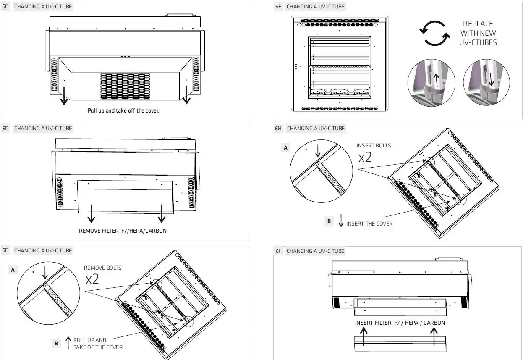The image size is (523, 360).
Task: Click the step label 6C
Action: (x=5, y=7)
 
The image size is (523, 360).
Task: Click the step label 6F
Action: (x=278, y=7)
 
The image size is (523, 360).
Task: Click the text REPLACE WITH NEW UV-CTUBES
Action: (x=478, y=33)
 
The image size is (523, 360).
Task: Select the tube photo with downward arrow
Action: (x=486, y=82)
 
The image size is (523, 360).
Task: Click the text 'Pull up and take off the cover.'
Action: (x=123, y=111)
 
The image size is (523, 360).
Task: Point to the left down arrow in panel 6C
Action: (x=64, y=96)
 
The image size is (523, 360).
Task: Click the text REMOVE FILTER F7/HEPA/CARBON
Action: (x=123, y=231)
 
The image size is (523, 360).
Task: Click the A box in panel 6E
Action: (x=13, y=270)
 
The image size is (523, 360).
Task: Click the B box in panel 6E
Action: (x=56, y=344)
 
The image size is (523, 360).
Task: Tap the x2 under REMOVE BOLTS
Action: (x=92, y=279)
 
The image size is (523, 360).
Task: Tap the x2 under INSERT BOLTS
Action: (x=365, y=158)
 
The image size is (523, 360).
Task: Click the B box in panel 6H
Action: (x=329, y=221)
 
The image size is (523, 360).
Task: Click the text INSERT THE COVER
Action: (x=369, y=224)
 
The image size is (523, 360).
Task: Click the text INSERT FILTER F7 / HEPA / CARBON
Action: (x=400, y=323)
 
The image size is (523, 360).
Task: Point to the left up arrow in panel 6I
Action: (x=364, y=336)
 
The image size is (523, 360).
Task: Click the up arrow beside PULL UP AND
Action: (x=68, y=343)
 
